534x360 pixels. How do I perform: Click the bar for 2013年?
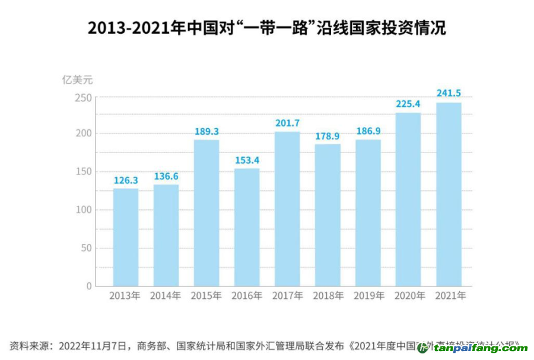[126, 237]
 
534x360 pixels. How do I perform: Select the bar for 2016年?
[247, 227]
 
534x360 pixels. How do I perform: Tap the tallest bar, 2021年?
[449, 194]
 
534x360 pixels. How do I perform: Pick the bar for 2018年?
[328, 215]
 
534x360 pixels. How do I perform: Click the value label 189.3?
[206, 131]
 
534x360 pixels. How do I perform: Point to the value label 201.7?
[287, 123]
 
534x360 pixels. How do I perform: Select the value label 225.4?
[408, 104]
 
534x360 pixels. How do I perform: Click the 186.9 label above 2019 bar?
[368, 131]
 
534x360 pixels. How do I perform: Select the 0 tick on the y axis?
[90, 286]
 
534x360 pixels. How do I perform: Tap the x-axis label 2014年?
[166, 296]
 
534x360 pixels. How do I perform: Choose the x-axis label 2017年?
[287, 296]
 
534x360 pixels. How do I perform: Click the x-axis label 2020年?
[408, 296]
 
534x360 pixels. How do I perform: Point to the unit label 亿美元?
[78, 79]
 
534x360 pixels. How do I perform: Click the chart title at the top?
[266, 28]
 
